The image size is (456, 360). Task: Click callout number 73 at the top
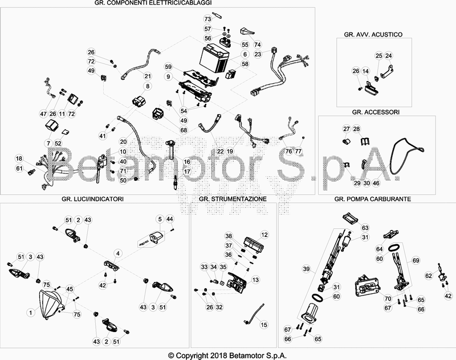[207, 19]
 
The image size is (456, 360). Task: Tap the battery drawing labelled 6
[214, 59]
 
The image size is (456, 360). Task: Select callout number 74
[258, 45]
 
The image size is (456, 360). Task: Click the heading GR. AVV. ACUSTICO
[373, 34]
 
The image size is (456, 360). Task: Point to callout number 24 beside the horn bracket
[389, 55]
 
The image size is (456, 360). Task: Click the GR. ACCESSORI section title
[376, 112]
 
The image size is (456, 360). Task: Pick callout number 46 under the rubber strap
[376, 183]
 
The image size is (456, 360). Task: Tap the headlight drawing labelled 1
[51, 304]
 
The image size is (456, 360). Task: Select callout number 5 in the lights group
[160, 219]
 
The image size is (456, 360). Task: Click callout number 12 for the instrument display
[264, 234]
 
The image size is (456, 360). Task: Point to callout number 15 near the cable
[264, 325]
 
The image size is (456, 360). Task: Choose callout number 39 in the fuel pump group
[307, 269]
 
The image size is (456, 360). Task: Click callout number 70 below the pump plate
[388, 298]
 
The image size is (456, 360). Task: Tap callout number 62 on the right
[429, 276]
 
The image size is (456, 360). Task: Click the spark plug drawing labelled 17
[176, 182]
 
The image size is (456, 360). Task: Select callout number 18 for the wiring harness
[19, 159]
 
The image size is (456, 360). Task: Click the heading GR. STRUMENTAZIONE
[233, 199]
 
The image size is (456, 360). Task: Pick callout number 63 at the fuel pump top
[365, 228]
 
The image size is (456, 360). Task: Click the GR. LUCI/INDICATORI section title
[92, 199]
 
